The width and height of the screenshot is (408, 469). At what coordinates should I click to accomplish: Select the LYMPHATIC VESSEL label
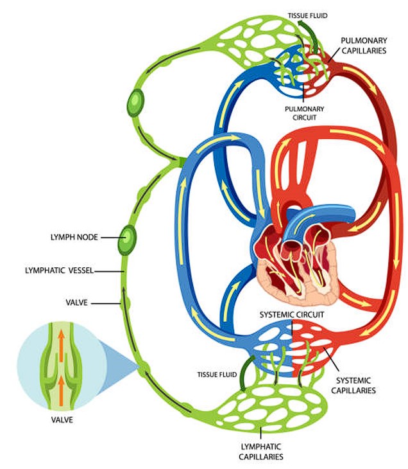tap(53, 271)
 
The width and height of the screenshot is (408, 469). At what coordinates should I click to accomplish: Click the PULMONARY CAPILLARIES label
tap(363, 45)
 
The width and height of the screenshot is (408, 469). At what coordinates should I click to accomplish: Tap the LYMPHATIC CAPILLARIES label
tap(262, 451)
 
